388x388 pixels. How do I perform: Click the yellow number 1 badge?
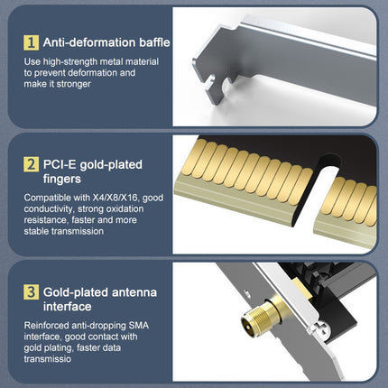[x=31, y=42]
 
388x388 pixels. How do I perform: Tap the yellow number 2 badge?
[x=31, y=164]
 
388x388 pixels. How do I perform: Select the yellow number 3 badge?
[x=31, y=292]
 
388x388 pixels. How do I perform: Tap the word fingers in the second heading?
[x=62, y=179]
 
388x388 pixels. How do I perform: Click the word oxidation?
[x=124, y=208]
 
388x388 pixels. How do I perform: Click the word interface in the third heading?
[x=67, y=307]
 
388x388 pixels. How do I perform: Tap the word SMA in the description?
[x=138, y=326]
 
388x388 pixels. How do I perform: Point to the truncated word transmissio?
[x=48, y=359]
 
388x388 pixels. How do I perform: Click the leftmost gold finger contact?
[x=190, y=157]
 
